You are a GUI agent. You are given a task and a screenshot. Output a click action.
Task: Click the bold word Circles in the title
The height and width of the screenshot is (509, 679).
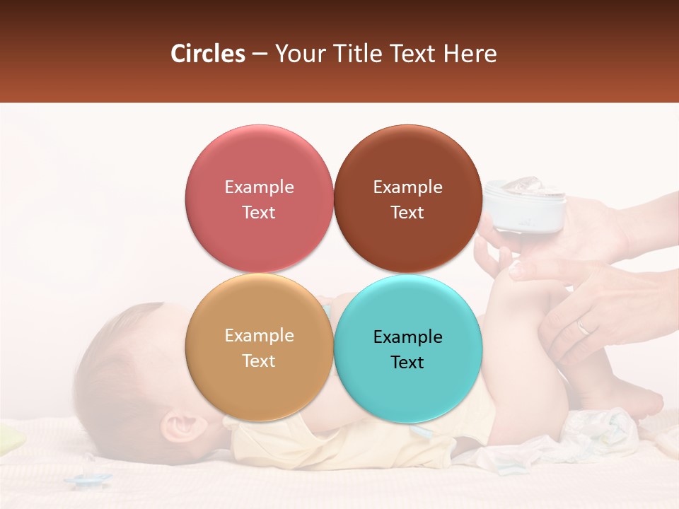coord(207,54)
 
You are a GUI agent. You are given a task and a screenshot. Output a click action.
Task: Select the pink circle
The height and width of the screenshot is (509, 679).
coord(259,199)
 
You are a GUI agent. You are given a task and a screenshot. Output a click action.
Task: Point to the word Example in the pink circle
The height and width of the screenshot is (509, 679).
coord(259,187)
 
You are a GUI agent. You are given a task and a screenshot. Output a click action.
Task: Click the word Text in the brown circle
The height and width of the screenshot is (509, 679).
coord(407,212)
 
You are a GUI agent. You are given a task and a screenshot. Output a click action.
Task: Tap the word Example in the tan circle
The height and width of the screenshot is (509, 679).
coord(259,335)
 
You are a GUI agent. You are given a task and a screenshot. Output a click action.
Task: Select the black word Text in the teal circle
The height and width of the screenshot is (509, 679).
coord(407,362)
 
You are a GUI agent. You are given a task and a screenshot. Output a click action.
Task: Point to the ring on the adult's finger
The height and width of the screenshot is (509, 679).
coord(583,327)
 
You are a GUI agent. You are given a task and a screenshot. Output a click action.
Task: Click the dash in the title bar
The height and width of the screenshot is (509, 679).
coord(259,54)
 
